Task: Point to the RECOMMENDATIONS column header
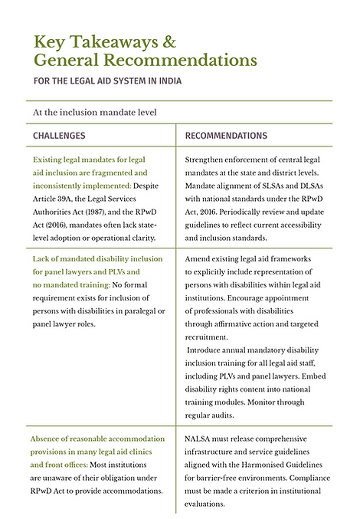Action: pyautogui.click(x=227, y=136)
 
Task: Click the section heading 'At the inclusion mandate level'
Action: pyautogui.click(x=95, y=112)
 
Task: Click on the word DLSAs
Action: pyautogui.click(x=317, y=185)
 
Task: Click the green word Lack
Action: pyautogui.click(x=43, y=259)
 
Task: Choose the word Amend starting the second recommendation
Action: pyautogui.click(x=200, y=259)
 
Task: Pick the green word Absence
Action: pyautogui.click(x=50, y=439)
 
